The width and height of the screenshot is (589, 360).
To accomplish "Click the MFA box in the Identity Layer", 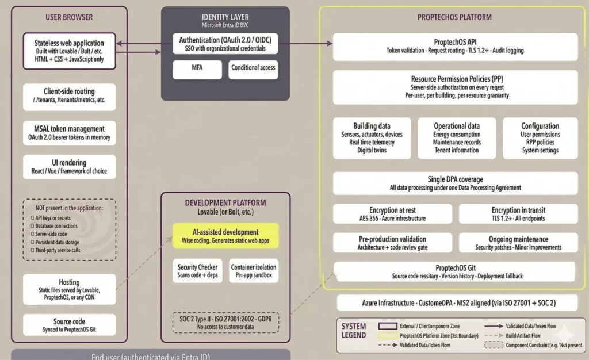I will point(197,70).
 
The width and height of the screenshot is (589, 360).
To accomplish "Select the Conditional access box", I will point(253,70).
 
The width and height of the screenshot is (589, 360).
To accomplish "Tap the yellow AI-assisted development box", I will point(225,236).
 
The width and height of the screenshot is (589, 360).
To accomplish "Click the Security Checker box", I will point(197,271).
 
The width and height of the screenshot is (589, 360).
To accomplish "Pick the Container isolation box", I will point(254,271).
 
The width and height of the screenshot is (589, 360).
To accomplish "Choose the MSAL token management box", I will point(69,133).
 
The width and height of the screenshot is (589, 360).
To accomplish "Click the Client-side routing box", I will point(69,96).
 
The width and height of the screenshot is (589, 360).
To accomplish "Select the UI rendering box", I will point(69,167).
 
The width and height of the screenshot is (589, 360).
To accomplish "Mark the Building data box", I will point(372,138).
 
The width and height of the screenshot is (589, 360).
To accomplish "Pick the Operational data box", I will point(457,138).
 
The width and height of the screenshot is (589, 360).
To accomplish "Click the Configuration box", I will point(540,138).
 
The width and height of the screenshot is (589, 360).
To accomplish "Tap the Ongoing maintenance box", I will point(518,243).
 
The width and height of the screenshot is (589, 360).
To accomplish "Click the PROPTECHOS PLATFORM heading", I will point(454,17).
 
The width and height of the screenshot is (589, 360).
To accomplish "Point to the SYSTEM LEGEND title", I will point(354,331).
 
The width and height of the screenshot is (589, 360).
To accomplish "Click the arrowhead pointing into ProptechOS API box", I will point(330,43).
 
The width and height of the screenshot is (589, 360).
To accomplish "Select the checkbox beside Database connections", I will point(32,227).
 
